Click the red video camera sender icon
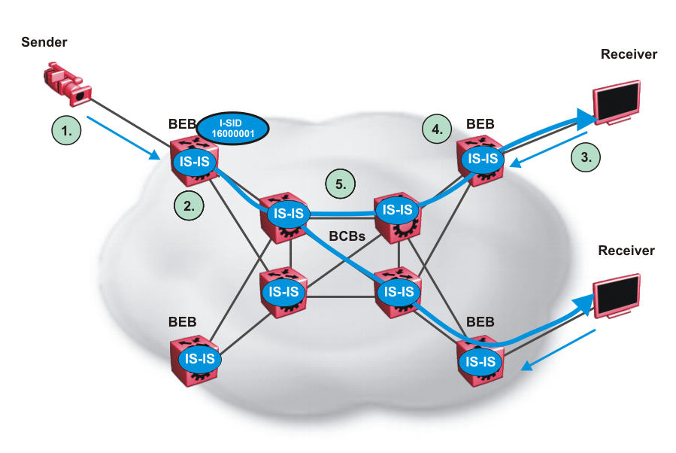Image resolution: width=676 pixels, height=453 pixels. (68, 84)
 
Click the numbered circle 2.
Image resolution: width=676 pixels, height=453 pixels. (188, 205)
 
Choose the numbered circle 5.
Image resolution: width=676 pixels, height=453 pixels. (341, 184)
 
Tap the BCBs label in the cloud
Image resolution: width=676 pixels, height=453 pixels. (347, 236)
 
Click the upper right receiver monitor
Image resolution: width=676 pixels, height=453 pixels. (618, 101)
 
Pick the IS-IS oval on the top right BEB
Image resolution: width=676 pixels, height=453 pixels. (482, 158)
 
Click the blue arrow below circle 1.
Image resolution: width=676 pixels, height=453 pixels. (125, 138)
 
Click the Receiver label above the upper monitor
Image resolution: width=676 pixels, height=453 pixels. (629, 54)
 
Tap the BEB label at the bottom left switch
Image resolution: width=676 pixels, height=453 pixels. (183, 321)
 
